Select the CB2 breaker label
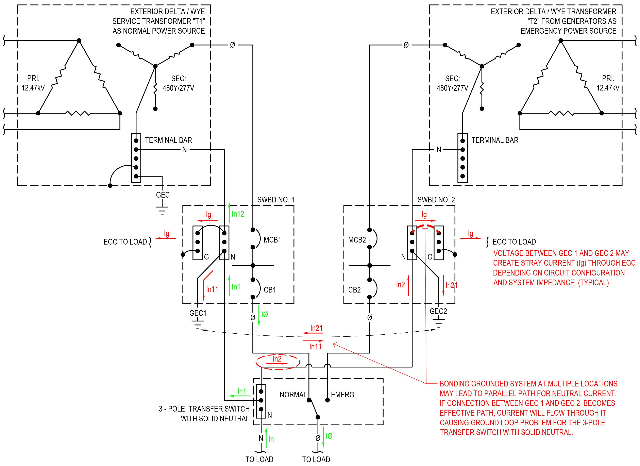[354, 290]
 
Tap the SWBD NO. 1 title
[276, 200]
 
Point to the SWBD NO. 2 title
[436, 200]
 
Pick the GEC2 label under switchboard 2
[438, 311]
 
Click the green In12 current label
[238, 214]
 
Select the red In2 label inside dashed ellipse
[277, 359]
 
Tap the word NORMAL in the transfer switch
[293, 395]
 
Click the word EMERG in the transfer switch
[342, 395]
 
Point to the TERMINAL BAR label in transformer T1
[168, 140]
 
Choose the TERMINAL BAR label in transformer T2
[495, 140]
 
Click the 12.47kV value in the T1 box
[33, 88]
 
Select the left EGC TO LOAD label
[125, 242]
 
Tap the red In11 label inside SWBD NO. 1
[212, 289]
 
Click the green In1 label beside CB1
[236, 287]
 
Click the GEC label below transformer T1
[163, 195]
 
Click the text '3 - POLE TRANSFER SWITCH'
[204, 409]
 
